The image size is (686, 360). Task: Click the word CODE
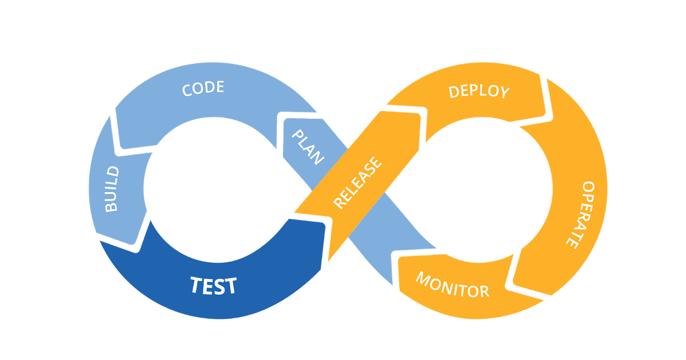pos(202,89)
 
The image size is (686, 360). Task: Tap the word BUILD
pos(111,189)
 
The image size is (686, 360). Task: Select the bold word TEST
pos(213,285)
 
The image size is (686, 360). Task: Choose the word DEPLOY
pos(478,91)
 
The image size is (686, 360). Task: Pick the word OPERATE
pos(579,214)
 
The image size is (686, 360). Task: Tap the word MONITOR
pos(452,285)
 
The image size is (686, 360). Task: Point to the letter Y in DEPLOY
pos(504,93)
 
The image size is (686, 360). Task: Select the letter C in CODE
pos(187,91)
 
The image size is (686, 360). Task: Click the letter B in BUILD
pos(111,206)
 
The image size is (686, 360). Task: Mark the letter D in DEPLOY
pos(454,91)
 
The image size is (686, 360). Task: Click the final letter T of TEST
pos(230,285)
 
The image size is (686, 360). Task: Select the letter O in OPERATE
pos(588,187)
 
